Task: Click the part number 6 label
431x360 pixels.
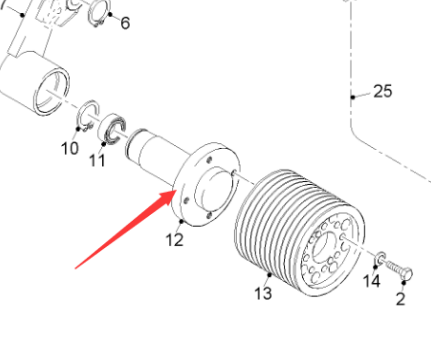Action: tap(125, 23)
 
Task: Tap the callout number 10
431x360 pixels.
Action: tap(70, 148)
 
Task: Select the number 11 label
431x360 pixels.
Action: tap(97, 161)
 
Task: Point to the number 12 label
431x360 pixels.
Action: tap(174, 240)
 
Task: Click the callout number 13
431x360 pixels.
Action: tap(263, 293)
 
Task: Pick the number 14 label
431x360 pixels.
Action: tap(371, 281)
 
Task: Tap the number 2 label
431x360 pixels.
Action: tap(400, 299)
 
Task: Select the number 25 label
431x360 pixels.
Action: tap(383, 91)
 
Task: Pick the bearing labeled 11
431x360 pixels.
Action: tap(112, 128)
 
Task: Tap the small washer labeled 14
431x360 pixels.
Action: tap(381, 257)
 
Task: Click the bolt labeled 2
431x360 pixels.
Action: tap(399, 270)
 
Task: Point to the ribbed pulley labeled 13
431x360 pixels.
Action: tap(299, 233)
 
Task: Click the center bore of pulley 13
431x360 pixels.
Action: tap(324, 247)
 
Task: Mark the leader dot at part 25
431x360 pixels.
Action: tap(353, 97)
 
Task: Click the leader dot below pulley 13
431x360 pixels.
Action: tap(270, 275)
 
